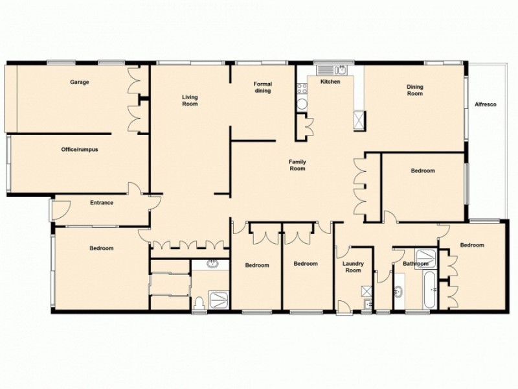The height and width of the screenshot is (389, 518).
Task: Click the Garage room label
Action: click(x=80, y=82)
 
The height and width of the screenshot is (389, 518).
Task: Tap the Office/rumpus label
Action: click(x=80, y=149)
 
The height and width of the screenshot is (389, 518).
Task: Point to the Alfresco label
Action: click(x=485, y=104)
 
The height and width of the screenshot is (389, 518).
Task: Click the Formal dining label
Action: click(x=262, y=87)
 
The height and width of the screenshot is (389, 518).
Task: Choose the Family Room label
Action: click(x=297, y=165)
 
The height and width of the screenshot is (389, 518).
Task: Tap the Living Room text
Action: click(x=190, y=100)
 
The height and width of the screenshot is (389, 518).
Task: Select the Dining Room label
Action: click(x=414, y=90)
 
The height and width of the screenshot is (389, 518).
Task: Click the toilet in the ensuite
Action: click(x=199, y=302)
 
